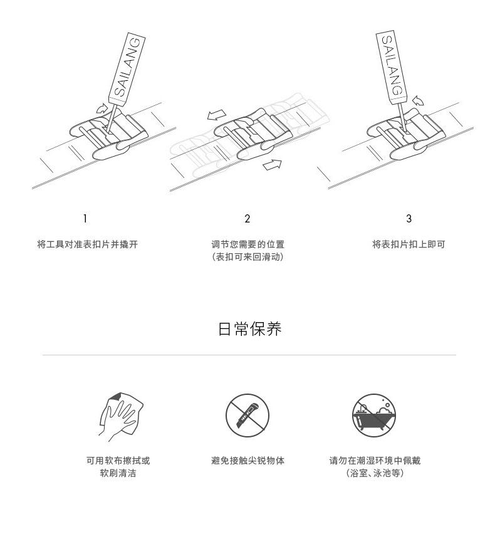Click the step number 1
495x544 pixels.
coord(85,219)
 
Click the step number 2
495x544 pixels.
coord(247,219)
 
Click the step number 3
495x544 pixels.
coord(409,219)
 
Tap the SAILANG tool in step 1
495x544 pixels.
coord(127,68)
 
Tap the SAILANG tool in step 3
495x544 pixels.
coord(392,66)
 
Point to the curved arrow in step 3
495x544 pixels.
coord(418,100)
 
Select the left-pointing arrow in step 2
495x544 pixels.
coord(217,115)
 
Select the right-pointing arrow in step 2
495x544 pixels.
coord(272,164)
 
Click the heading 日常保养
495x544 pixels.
coord(249,329)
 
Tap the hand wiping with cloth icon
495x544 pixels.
coord(122,416)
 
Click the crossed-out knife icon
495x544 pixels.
coord(247,416)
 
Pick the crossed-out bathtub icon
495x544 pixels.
coord(374,416)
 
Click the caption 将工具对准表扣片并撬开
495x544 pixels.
coord(87,244)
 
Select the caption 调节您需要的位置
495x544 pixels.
coord(247,244)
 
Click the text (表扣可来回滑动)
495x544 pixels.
coord(247,257)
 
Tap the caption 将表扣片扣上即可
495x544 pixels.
coord(409,244)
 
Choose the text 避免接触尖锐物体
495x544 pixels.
coord(247,461)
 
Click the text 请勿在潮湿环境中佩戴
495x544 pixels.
coord(375,461)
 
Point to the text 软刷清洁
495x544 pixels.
coord(118,473)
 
